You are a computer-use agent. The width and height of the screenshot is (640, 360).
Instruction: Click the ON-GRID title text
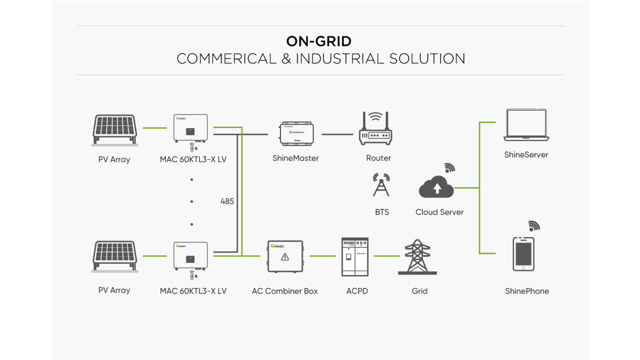point(319,41)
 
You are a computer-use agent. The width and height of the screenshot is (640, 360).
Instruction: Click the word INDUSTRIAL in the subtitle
point(340,58)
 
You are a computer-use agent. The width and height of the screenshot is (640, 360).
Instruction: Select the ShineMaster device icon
point(296,133)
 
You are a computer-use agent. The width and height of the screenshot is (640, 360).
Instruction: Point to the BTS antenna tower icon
point(381,185)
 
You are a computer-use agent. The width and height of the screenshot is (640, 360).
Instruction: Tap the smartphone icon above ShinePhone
point(523,254)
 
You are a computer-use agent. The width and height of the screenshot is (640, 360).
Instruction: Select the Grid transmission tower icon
point(417,257)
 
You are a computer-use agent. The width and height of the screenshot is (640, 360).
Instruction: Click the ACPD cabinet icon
point(354,257)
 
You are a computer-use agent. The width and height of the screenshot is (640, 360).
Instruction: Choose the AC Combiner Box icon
point(285,256)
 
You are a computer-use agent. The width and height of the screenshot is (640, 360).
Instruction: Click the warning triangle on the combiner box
point(285,257)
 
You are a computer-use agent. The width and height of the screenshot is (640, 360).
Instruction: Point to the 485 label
point(227,201)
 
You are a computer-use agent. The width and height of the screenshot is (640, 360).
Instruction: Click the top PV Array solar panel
point(114,129)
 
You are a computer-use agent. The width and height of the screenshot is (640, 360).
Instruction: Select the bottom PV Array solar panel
point(114,257)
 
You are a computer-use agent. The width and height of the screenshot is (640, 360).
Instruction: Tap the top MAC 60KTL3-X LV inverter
point(190,129)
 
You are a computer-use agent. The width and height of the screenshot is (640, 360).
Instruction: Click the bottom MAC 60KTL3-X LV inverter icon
point(190,256)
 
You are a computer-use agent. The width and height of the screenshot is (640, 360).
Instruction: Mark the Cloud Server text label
point(439,212)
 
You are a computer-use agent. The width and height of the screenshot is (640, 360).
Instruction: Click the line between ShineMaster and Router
point(337,134)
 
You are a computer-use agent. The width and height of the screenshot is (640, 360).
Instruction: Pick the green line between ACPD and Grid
point(386,256)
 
